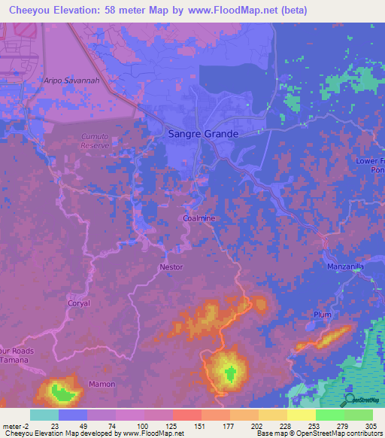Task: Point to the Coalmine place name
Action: tap(199, 218)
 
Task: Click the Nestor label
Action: tap(171, 267)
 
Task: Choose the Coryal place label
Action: tap(78, 303)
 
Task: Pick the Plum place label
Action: tap(322, 315)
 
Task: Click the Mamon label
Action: tap(102, 384)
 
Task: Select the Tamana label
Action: tap(14, 360)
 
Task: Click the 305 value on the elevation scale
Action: tap(368, 426)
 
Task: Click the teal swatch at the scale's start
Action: tap(44, 415)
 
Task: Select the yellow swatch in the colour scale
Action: tap(301, 415)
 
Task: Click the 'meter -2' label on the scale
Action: tap(15, 426)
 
